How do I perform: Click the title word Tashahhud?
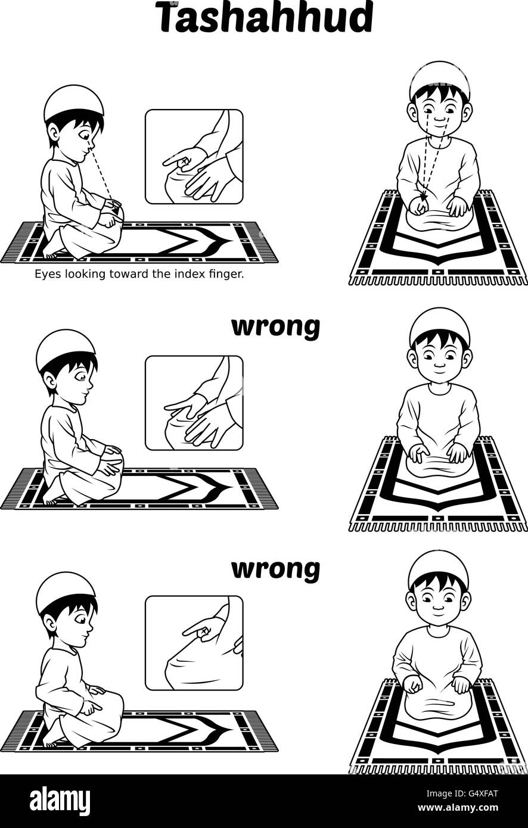click(264, 18)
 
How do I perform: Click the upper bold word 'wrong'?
click(275, 327)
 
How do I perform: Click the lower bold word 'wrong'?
click(275, 569)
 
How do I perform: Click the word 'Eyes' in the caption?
click(46, 275)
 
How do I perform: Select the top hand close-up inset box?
click(194, 157)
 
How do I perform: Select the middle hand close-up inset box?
click(194, 403)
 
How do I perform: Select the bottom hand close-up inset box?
click(194, 643)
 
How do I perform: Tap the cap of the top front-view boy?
click(440, 76)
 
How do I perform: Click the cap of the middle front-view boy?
click(440, 323)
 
